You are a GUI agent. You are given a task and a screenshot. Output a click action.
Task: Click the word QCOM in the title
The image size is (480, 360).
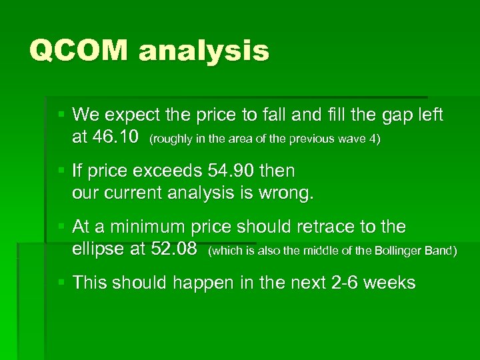[79, 51]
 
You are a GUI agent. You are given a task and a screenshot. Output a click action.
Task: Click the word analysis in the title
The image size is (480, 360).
[203, 51]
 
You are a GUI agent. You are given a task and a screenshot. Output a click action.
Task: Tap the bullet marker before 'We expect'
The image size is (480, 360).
[61, 115]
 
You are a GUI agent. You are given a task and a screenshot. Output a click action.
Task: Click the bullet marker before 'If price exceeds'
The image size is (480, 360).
[61, 171]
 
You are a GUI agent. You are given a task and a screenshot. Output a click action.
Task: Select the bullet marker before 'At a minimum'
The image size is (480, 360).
[61, 227]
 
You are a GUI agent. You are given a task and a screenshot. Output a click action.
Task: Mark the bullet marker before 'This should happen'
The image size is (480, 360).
[61, 283]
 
